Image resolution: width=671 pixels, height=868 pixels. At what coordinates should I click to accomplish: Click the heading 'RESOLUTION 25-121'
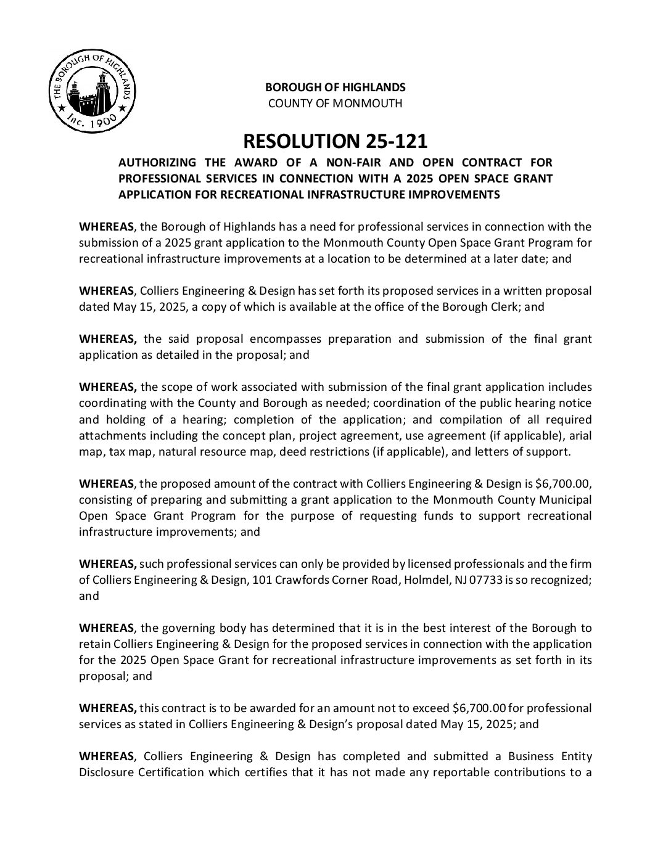point(335,141)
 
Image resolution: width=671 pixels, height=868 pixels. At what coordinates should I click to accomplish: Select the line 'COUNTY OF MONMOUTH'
point(335,103)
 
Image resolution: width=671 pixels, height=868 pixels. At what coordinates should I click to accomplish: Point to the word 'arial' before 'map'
point(579,436)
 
